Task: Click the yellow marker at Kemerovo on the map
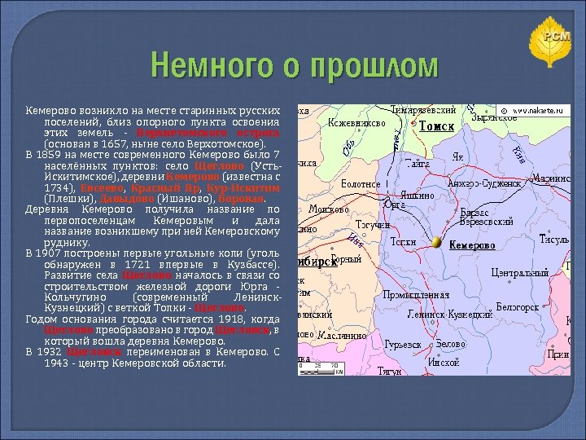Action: (437, 243)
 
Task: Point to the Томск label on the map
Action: (436, 127)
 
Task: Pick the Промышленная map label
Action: (416, 294)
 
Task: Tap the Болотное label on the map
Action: (360, 184)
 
